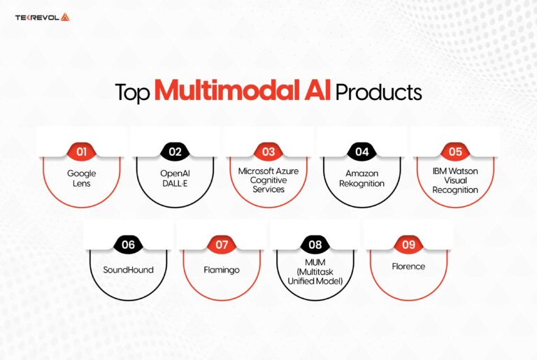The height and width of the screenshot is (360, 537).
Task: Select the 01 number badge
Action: point(80,150)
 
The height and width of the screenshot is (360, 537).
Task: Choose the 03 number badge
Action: point(268,150)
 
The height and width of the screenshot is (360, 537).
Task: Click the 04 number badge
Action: point(361,150)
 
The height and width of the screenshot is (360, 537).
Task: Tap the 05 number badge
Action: point(455,150)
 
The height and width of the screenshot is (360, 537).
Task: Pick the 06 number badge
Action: point(128,245)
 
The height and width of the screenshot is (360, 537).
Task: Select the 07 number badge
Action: point(222,245)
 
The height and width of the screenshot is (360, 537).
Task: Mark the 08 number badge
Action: point(315,245)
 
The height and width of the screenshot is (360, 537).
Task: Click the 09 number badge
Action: point(408,245)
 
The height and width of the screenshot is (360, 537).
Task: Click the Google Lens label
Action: point(80,178)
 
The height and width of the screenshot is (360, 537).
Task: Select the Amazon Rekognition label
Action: point(361,178)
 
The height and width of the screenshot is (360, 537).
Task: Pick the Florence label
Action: point(408,267)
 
